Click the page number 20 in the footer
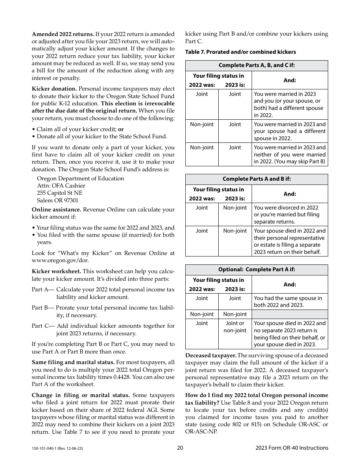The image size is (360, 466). click(x=180, y=448)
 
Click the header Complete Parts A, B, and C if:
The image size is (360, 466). click(x=256, y=65)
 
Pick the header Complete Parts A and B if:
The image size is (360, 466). click(x=256, y=179)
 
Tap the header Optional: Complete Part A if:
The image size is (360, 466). click(x=256, y=269)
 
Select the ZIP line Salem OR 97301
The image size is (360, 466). click(x=58, y=200)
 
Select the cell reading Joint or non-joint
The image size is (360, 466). click(x=235, y=327)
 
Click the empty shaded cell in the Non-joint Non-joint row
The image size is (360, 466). click(x=290, y=314)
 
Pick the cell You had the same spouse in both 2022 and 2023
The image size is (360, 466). click(x=288, y=301)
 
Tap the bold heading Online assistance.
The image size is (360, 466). click(x=56, y=210)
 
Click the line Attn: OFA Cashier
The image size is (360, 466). click(x=61, y=186)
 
